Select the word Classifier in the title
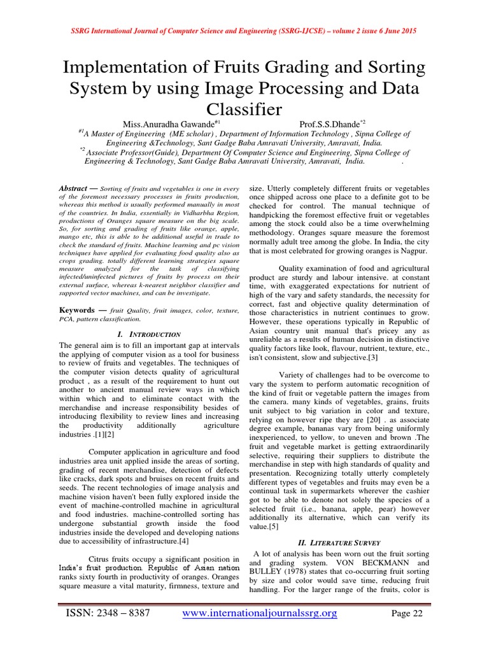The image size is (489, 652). pyautogui.click(x=244, y=110)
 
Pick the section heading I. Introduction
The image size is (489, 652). pyautogui.click(x=149, y=334)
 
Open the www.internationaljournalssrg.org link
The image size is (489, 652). pyautogui.click(x=260, y=613)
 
